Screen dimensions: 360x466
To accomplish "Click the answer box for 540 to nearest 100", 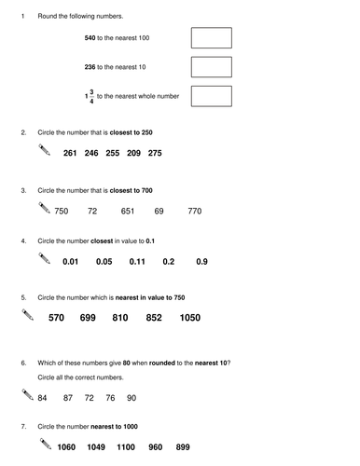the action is pos(211,38).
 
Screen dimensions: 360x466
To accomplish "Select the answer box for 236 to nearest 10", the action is pos(211,67).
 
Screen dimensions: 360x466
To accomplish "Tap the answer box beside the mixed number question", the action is pos(211,96).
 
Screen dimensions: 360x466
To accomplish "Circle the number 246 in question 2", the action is pos(90,153).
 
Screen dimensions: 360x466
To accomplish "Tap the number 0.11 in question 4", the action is pos(137,262).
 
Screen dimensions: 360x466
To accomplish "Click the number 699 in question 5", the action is pos(88,319).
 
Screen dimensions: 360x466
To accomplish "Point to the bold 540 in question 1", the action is pos(90,38).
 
